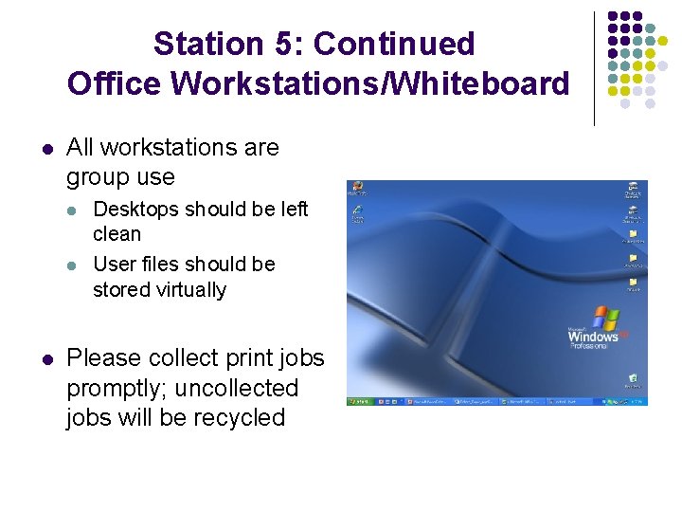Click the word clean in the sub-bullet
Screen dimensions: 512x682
click(117, 233)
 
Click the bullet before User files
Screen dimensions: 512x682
click(75, 265)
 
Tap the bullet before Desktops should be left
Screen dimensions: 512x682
click(75, 210)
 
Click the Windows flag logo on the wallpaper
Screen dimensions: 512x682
click(605, 318)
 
